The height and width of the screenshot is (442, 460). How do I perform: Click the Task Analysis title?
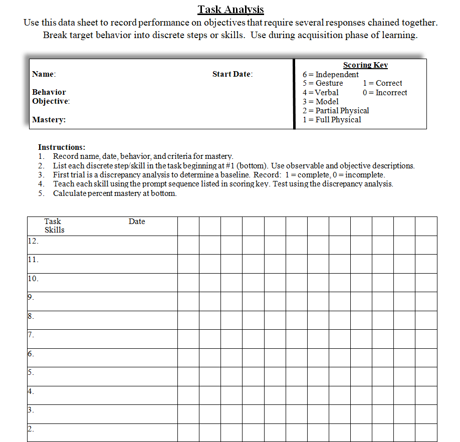coord(231,10)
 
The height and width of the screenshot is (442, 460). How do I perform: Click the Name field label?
coord(44,74)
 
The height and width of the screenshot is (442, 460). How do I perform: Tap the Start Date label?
coord(232,74)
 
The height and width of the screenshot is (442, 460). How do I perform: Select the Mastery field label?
coord(49,120)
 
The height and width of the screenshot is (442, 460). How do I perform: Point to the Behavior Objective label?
coord(50,97)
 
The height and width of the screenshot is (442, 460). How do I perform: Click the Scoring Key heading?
coord(365,65)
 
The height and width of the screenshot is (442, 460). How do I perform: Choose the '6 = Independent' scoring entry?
coord(330,75)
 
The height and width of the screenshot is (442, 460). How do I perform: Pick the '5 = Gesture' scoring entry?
coord(323,83)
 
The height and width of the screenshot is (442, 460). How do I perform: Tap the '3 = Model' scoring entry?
coord(320,102)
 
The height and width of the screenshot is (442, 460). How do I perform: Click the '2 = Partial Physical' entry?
coord(335,111)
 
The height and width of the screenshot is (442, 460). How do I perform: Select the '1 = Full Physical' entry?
coord(331,120)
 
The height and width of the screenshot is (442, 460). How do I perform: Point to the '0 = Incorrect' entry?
coord(384,93)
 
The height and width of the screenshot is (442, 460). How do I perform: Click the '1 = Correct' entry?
coord(382,83)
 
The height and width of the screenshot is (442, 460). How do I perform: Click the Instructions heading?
coord(62,147)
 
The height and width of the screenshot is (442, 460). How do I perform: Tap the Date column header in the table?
coord(136,222)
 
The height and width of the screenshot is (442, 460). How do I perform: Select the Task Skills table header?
coord(54,226)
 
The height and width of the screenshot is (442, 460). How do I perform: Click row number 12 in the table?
coord(33,241)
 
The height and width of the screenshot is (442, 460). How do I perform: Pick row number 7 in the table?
coord(31,335)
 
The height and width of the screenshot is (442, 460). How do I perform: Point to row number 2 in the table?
coord(31,429)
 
